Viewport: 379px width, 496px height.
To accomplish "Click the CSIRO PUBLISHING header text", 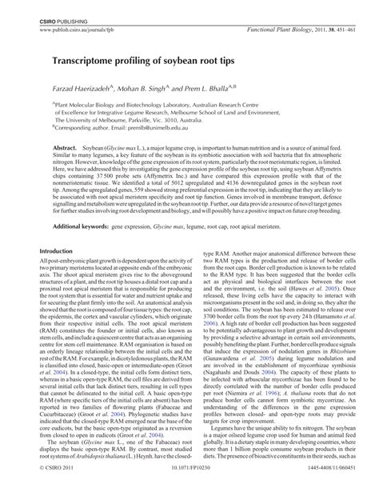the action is click(x=51, y=7).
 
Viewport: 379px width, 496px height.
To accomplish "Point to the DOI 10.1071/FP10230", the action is click(x=189, y=483).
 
